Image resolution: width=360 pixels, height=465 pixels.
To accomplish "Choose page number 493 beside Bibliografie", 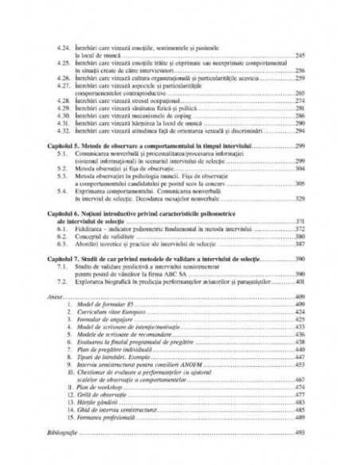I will pos(300,432).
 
